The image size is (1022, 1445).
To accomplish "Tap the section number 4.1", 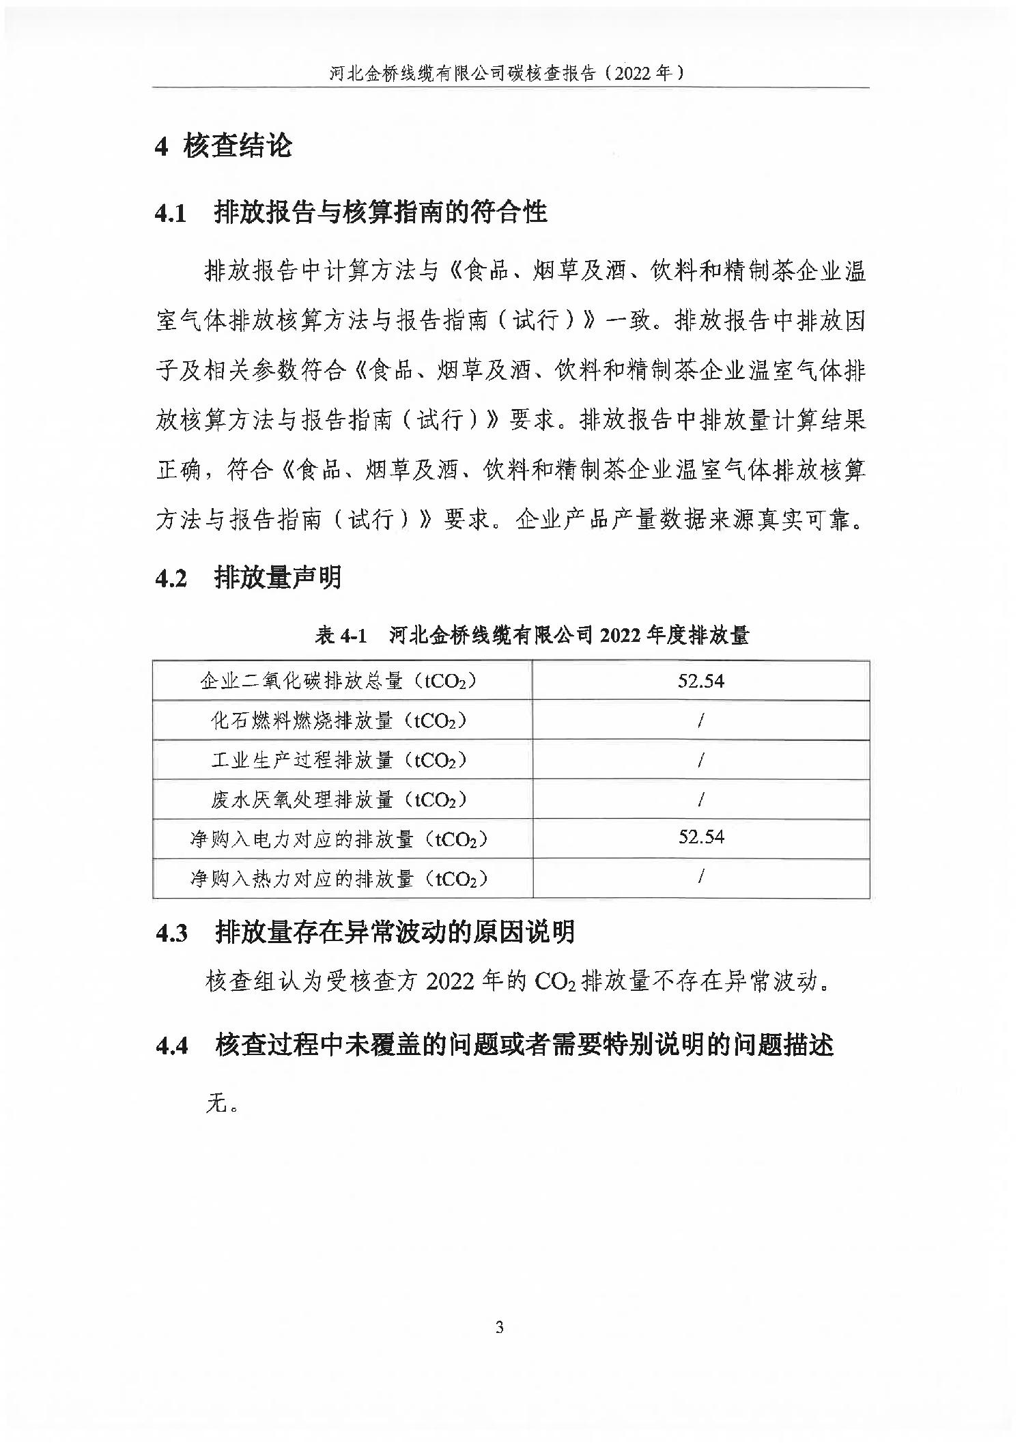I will coord(170,213).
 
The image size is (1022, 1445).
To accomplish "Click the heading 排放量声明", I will coord(277,578).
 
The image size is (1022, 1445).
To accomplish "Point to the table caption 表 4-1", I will coord(341,636).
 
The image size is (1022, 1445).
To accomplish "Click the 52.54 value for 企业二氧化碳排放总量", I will coord(700,681).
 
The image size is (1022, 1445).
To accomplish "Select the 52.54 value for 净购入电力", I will coord(700,837).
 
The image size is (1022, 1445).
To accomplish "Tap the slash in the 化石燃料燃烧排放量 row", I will coord(700,720).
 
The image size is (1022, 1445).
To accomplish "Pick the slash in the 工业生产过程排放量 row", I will coord(700,759).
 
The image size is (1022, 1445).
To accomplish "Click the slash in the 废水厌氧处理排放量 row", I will coord(700,799).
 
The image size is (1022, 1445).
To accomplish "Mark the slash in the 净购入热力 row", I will coord(700,877).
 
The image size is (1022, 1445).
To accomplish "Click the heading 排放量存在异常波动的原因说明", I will coord(395,932).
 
